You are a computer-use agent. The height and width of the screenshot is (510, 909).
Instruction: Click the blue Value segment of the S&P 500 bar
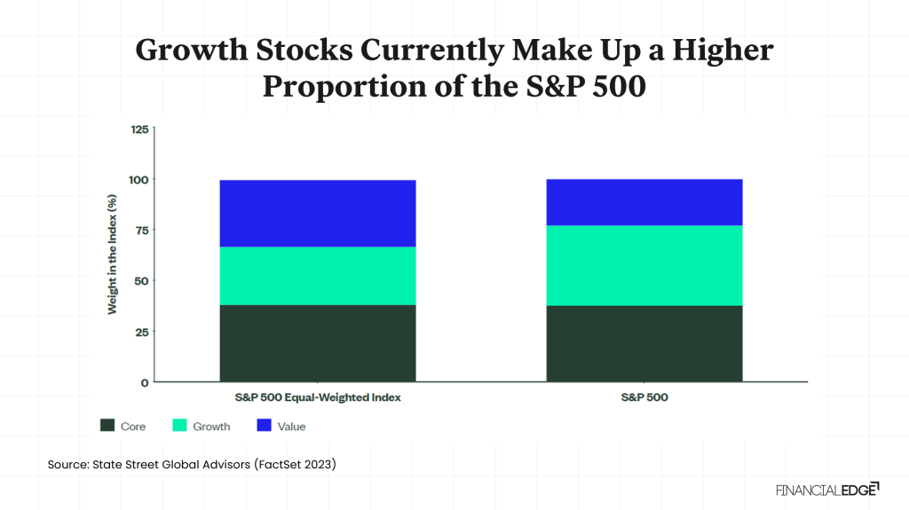pyautogui.click(x=644, y=202)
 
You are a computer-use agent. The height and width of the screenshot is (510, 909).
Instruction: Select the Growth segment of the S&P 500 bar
pyautogui.click(x=644, y=265)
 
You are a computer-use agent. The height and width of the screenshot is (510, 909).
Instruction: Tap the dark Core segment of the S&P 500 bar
pyautogui.click(x=644, y=343)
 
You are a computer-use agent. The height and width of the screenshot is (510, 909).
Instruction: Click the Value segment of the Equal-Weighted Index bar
pyautogui.click(x=318, y=213)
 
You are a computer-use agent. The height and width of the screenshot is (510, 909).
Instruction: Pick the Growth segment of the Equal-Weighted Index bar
pyautogui.click(x=318, y=276)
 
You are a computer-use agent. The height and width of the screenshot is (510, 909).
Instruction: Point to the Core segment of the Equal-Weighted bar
pyautogui.click(x=318, y=343)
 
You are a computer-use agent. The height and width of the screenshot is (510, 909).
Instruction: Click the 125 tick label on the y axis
pyautogui.click(x=139, y=129)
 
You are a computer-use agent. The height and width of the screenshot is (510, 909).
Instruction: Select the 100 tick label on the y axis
pyautogui.click(x=139, y=179)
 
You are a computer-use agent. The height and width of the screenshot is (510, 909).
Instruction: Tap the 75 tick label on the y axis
pyautogui.click(x=142, y=230)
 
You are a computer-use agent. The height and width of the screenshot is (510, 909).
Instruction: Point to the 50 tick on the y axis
pyautogui.click(x=142, y=280)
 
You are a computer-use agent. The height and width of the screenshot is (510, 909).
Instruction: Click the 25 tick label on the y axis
pyautogui.click(x=142, y=332)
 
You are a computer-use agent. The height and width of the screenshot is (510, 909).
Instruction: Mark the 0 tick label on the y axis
pyautogui.click(x=146, y=382)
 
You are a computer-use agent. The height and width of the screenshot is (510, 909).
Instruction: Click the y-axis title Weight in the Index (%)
pyautogui.click(x=113, y=255)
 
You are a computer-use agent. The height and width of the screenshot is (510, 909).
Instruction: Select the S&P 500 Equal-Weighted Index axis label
pyautogui.click(x=318, y=397)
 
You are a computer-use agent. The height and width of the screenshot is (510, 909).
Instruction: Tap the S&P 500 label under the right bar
pyautogui.click(x=644, y=397)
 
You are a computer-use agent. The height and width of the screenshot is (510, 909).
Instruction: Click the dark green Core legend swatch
pyautogui.click(x=108, y=426)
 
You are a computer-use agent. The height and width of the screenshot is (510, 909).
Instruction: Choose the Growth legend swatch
pyautogui.click(x=178, y=426)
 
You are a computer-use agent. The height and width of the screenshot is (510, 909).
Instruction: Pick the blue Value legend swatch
pyautogui.click(x=262, y=426)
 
